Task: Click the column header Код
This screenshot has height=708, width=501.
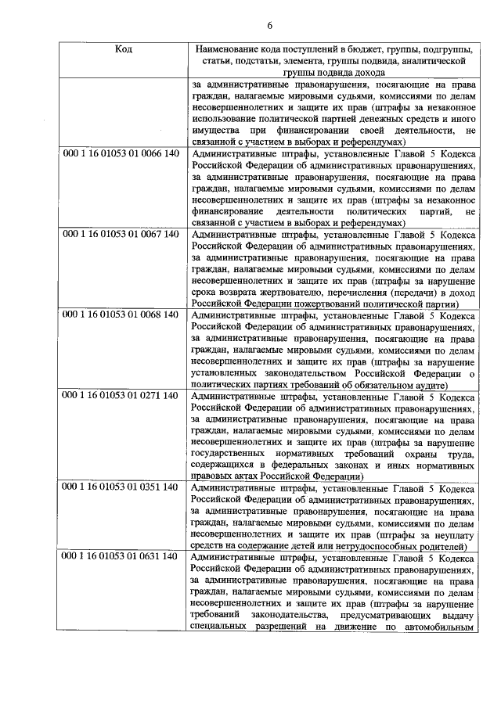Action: coord(124,49)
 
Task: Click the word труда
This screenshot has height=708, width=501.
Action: coord(460,455)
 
